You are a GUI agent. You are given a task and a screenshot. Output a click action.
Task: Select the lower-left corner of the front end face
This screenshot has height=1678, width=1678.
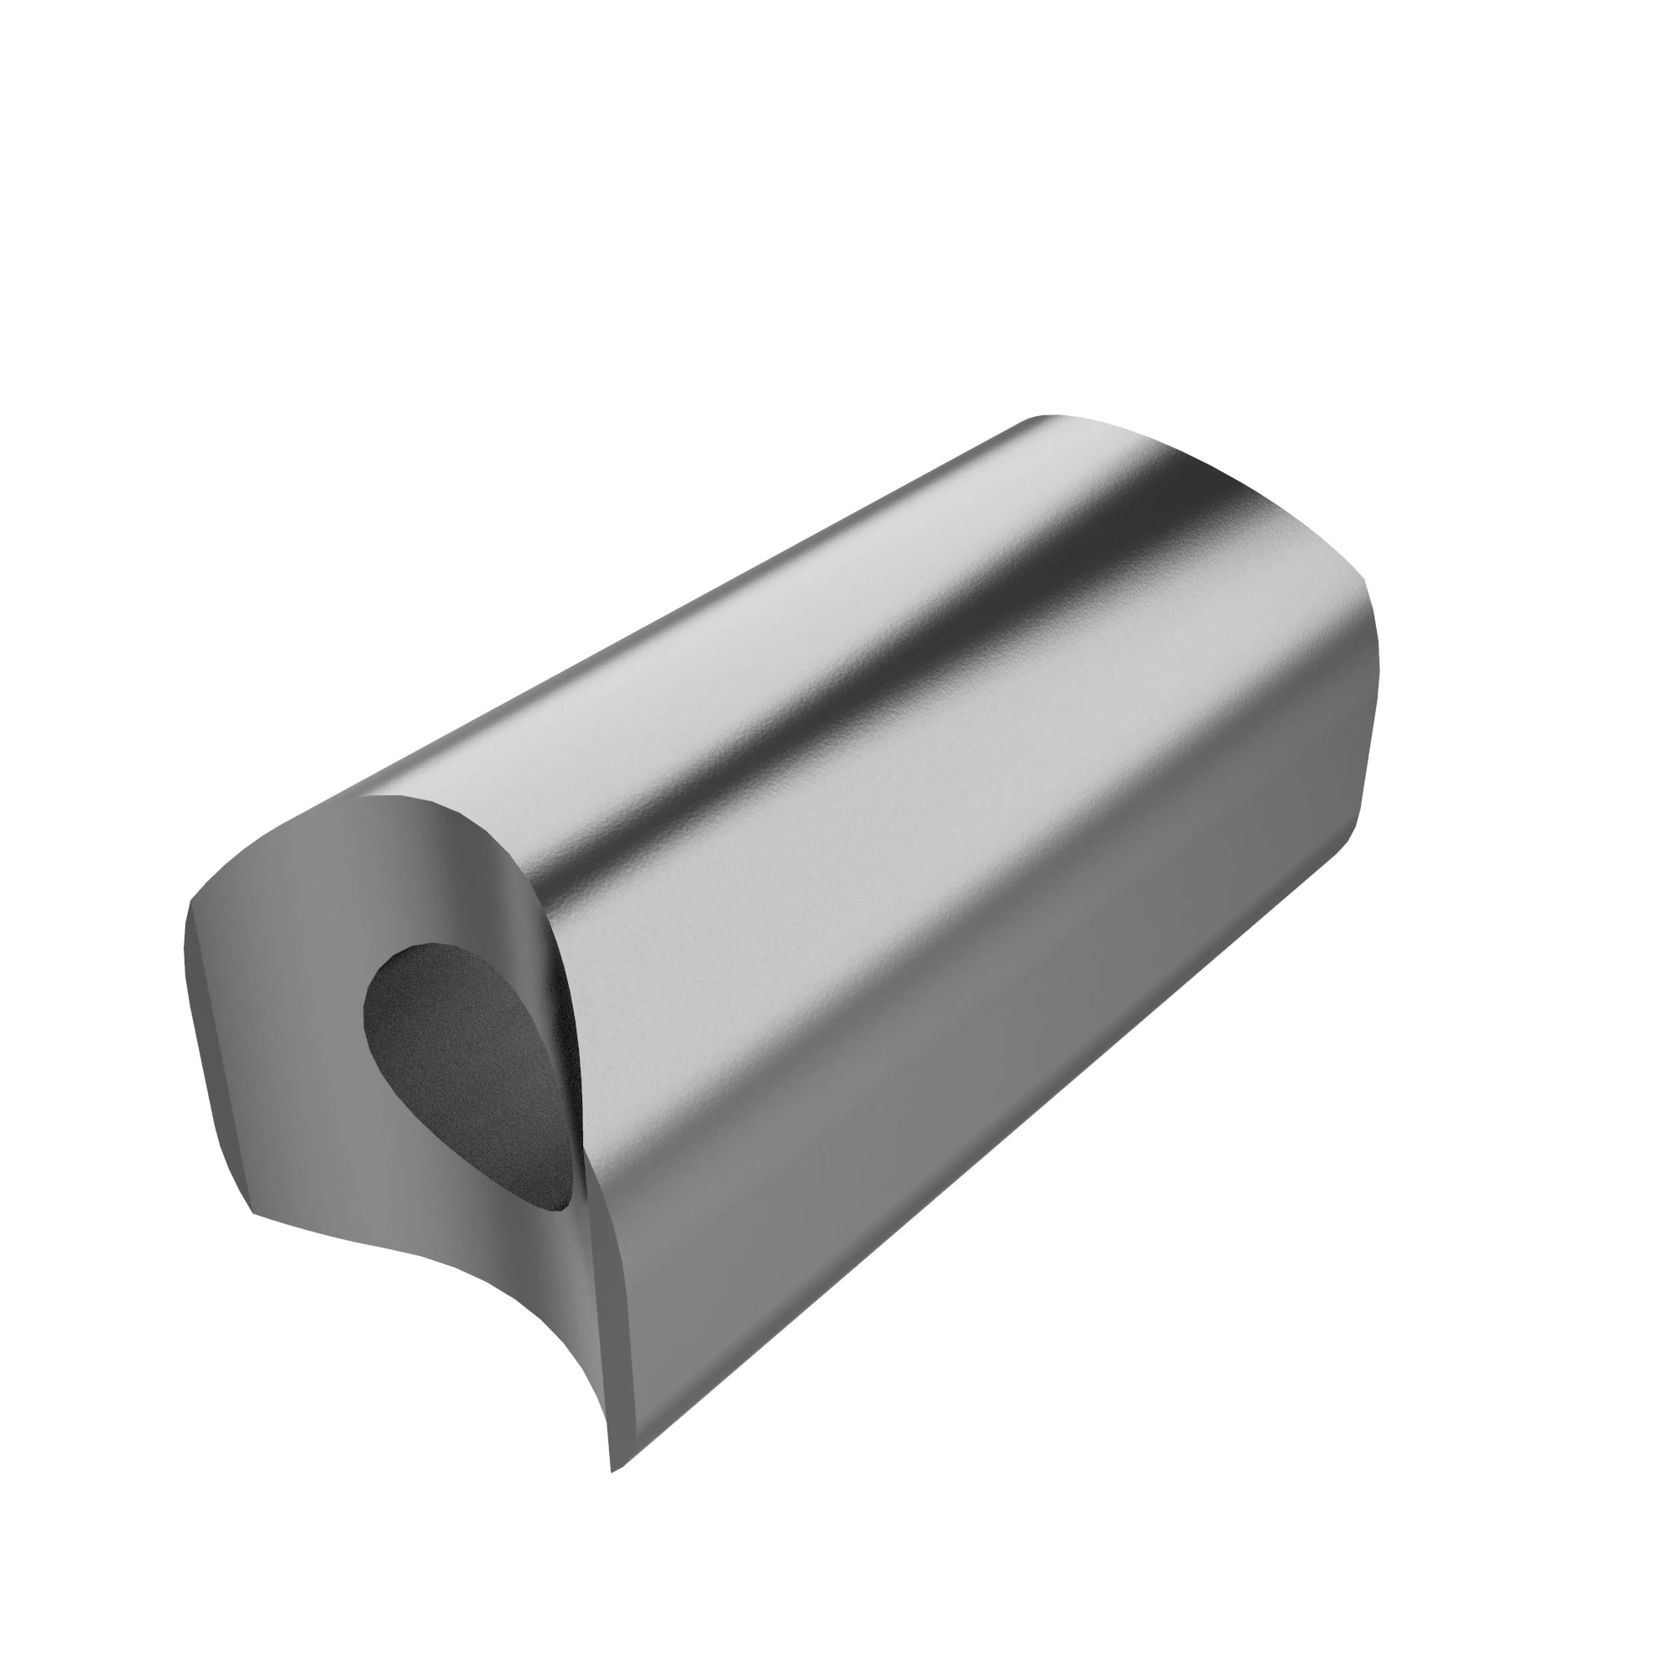[253, 1212]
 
